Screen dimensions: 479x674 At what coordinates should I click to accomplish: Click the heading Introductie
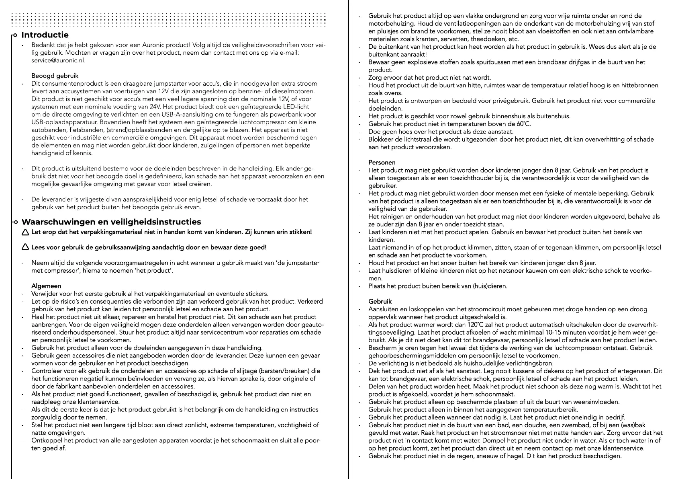coord(45,35)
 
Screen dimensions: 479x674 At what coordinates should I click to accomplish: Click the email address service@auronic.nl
coord(58,60)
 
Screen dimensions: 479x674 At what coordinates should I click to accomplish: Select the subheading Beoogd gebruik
coord(55,76)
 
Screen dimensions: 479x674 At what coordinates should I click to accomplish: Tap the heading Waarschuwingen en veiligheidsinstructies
coord(111,222)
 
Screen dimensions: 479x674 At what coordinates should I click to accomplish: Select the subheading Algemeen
coord(46,286)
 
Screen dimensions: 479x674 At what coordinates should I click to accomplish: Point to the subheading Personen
coord(382,162)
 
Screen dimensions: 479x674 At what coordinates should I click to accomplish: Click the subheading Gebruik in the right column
coord(380,301)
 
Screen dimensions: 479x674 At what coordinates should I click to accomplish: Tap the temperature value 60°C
coord(522,124)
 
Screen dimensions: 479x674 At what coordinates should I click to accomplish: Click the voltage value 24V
coord(155,107)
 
